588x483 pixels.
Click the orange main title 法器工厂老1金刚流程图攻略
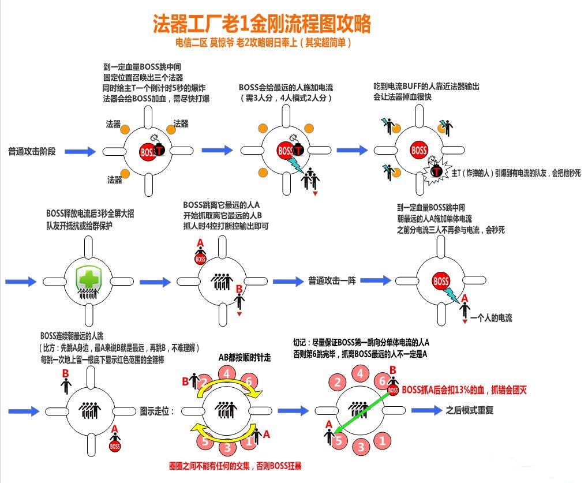point(262,23)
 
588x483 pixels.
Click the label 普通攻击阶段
point(32,152)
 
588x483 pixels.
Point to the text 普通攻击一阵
point(332,281)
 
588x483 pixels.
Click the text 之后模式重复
point(470,410)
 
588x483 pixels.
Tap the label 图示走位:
point(157,411)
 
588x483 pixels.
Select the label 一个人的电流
point(491,319)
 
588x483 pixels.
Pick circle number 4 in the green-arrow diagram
point(360,374)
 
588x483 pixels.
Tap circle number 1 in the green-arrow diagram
point(382,440)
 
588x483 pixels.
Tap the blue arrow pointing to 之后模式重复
point(427,410)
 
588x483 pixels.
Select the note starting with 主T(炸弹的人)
point(516,173)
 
